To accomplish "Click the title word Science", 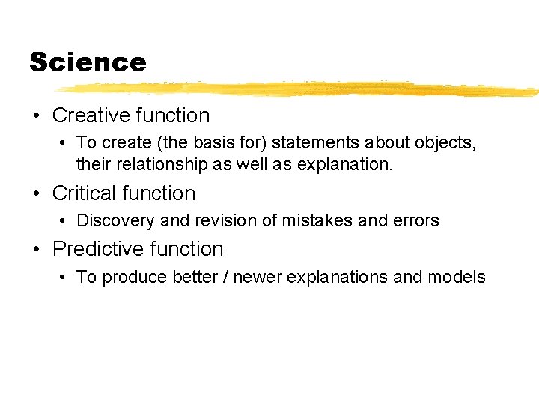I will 88,62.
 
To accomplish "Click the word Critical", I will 84,193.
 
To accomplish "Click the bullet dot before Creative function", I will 35,116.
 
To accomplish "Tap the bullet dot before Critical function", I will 35,194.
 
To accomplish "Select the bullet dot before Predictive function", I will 35,250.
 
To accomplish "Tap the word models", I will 457,277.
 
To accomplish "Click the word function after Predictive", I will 186,249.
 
